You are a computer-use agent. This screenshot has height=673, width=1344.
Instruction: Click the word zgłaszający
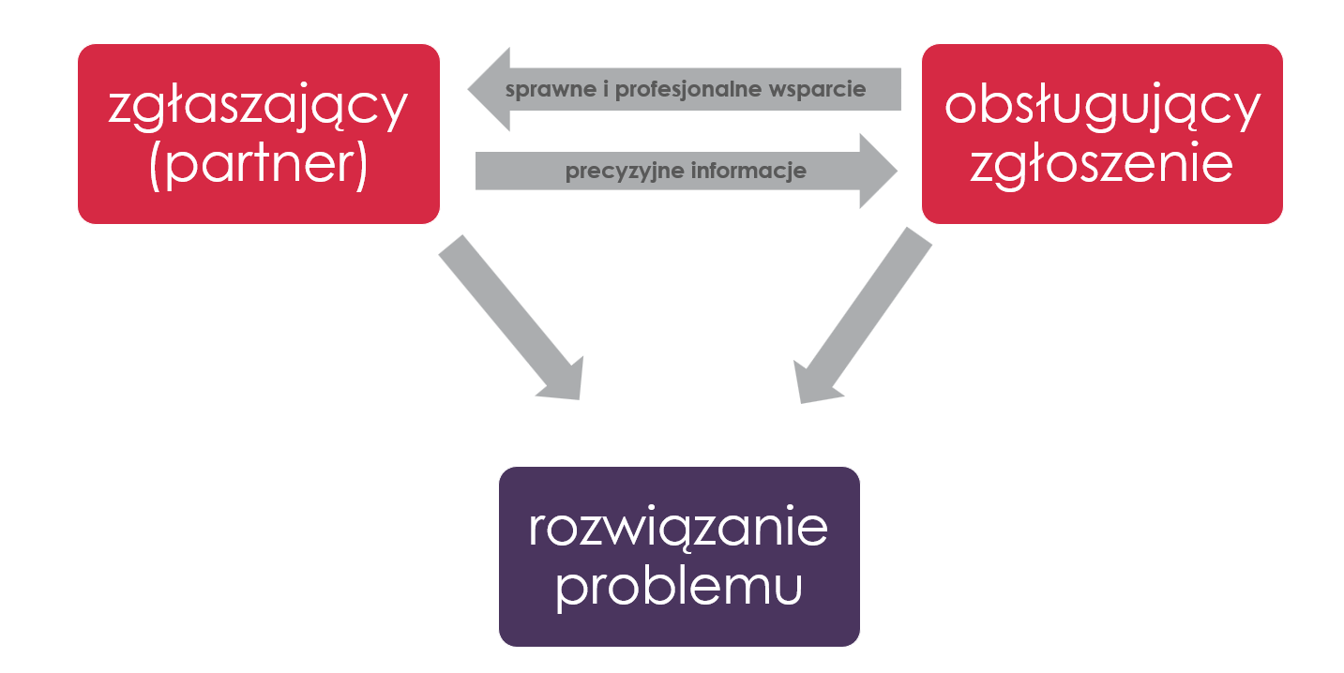click(258, 107)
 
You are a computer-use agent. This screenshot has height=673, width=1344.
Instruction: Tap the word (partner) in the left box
click(259, 165)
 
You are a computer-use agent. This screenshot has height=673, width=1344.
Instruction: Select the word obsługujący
click(1102, 107)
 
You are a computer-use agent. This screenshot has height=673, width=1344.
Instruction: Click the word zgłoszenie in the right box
click(1102, 165)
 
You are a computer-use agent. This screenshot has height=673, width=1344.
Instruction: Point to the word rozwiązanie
click(679, 528)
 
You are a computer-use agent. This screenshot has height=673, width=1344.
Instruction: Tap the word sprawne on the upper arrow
click(551, 90)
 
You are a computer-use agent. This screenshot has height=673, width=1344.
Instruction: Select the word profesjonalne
click(688, 90)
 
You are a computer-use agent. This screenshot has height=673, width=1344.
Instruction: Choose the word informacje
click(748, 171)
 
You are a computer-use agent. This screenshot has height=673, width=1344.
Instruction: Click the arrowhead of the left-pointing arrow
click(489, 89)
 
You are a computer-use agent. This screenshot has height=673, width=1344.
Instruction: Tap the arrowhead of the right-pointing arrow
click(879, 171)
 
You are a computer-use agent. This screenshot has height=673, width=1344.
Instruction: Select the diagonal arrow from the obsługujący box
click(862, 315)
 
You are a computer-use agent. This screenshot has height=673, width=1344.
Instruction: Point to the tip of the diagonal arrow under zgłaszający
click(579, 399)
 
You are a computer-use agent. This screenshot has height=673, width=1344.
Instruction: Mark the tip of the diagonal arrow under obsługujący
click(801, 403)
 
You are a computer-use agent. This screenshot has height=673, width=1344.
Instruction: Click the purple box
click(679, 557)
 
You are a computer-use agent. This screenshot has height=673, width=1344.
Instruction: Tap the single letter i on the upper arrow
click(606, 89)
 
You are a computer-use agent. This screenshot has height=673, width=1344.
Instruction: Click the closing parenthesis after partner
click(362, 166)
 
